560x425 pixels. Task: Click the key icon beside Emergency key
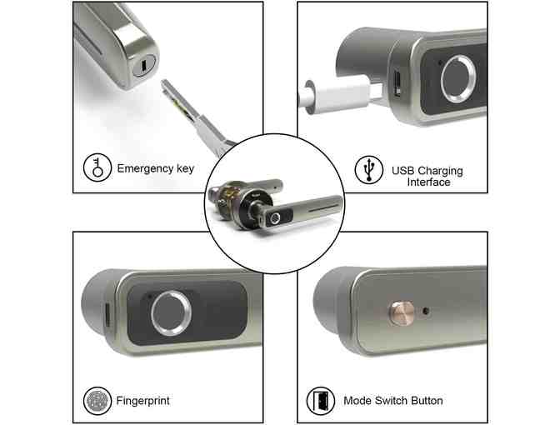pos(97,167)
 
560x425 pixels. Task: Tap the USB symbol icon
pos(369,170)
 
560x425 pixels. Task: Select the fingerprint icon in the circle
pos(97,401)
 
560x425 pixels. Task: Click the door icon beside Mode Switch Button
pos(321,401)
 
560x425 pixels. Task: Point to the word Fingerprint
pos(142,401)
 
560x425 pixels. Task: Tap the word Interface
pos(428,182)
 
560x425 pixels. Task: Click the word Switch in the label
pos(392,401)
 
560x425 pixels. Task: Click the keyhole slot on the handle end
pos(143,65)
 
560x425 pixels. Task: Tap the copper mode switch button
pos(402,312)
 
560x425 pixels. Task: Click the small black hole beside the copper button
pos(426,311)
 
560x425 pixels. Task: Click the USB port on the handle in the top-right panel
pos(397,83)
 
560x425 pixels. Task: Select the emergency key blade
pos(196,117)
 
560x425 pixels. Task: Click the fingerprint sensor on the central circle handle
pos(275,218)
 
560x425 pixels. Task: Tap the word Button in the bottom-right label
pos(427,401)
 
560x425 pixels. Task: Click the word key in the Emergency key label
pos(185,168)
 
